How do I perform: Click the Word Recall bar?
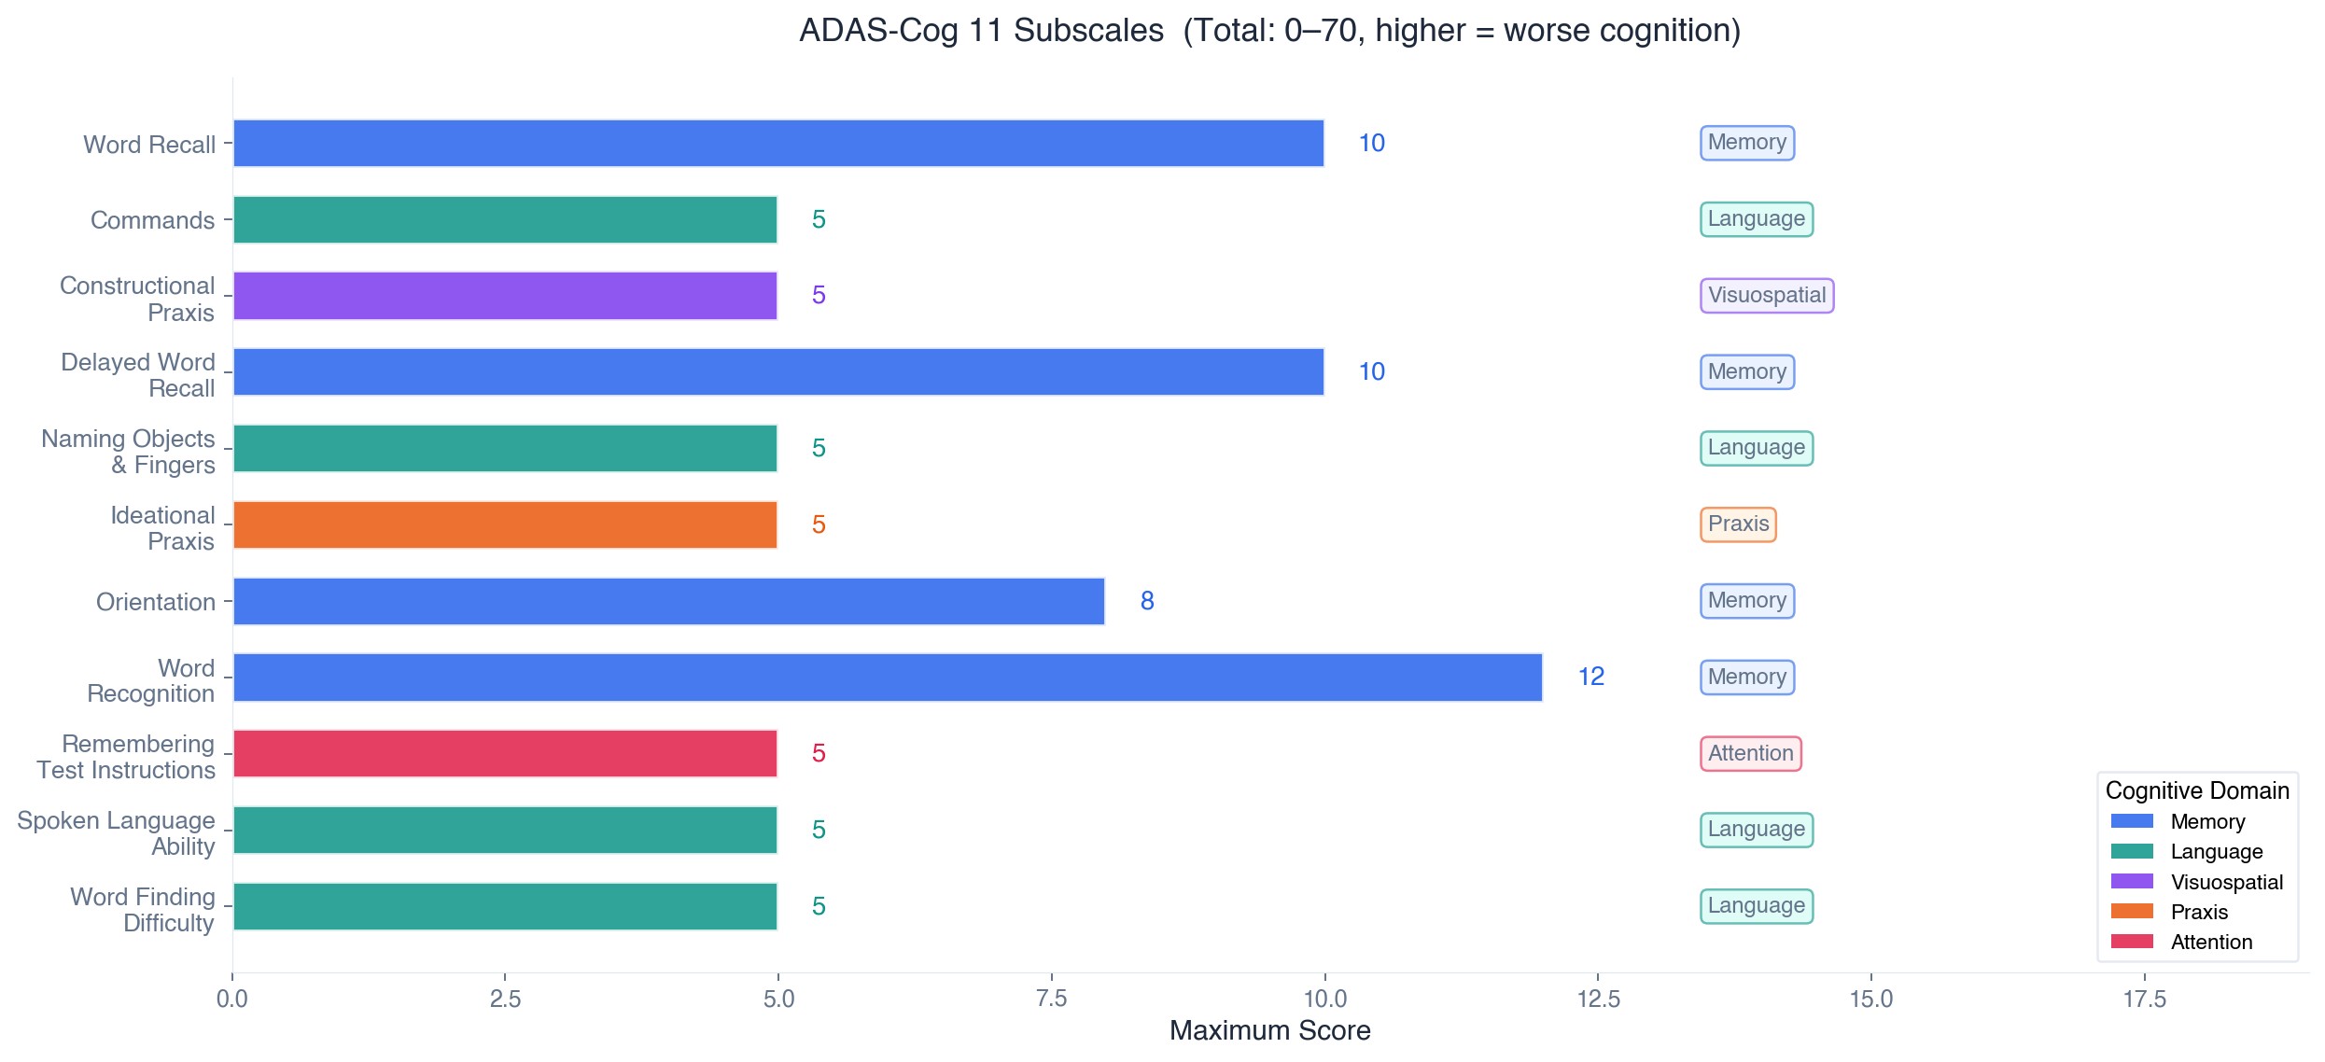coord(777,143)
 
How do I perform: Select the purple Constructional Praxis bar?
coord(505,296)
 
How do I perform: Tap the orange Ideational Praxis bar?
coord(505,524)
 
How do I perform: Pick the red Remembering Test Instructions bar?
coord(505,753)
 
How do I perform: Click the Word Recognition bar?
coord(887,677)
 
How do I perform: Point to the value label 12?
coord(1590,677)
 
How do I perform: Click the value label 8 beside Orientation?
coord(1147,601)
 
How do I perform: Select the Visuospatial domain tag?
coord(1766,296)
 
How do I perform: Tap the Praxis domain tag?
coord(1737,524)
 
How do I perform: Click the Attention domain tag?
coord(1750,753)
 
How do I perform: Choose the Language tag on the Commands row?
coord(1756,219)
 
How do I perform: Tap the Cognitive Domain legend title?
coord(2196,790)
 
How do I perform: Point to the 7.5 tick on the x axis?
coord(1051,999)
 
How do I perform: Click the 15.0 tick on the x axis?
coord(1870,999)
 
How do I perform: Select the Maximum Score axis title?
coord(1269,1030)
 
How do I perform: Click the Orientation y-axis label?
coord(155,602)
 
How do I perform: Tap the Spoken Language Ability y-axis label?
coord(116,833)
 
